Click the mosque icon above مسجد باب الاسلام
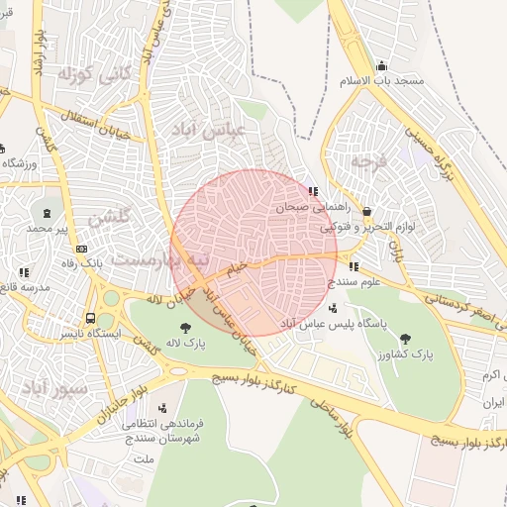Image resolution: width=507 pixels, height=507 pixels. click(x=382, y=66)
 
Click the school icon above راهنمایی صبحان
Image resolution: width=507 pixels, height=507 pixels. click(x=313, y=191)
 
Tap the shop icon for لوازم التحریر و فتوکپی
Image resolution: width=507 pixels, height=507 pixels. click(x=367, y=212)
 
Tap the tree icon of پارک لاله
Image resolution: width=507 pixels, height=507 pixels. click(x=185, y=328)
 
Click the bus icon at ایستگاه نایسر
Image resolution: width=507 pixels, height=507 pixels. click(x=90, y=319)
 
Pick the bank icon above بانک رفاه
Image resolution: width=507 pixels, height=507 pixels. click(x=81, y=249)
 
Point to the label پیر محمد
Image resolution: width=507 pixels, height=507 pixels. click(x=48, y=229)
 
